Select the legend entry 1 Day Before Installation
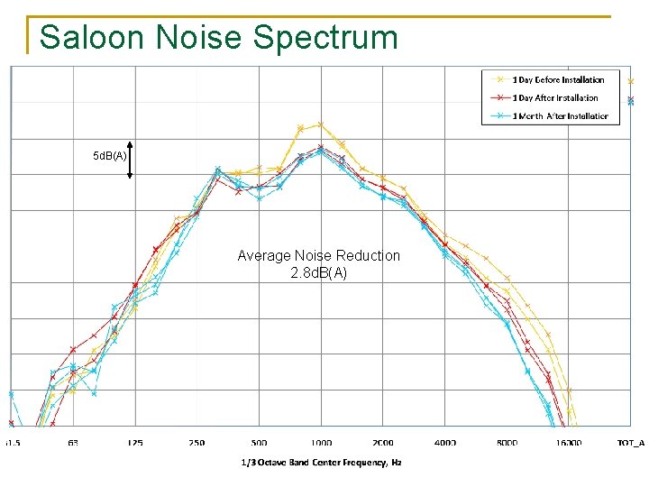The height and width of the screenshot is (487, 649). coord(558,80)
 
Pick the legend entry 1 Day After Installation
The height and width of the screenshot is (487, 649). coord(554,98)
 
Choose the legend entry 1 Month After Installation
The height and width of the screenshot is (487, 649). coord(560,116)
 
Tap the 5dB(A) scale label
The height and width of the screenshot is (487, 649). coord(110,157)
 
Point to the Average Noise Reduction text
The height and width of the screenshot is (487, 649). coord(318,256)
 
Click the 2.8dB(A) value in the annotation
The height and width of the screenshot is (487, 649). coord(318,273)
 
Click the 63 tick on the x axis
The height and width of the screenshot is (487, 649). coord(73,443)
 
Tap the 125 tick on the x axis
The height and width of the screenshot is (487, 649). coord(134,443)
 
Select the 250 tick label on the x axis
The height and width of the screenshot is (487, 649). coord(197,443)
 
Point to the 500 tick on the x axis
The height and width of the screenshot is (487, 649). coord(259,443)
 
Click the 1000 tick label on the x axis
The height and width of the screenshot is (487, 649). coord(321,443)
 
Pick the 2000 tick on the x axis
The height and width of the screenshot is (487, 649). coord(382,443)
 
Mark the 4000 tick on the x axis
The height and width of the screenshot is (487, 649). coord(444,443)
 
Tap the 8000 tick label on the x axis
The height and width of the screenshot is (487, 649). coord(507,443)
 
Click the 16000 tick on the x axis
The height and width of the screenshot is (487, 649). coord(568,443)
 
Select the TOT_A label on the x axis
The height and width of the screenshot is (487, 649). coord(630,443)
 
